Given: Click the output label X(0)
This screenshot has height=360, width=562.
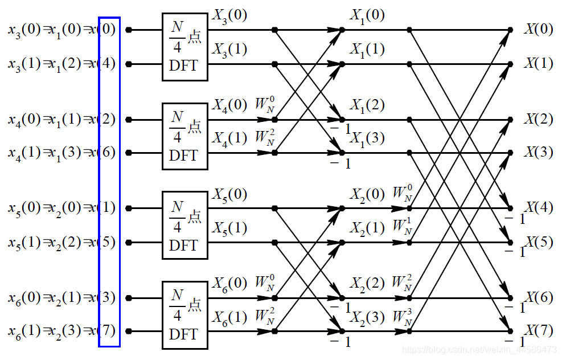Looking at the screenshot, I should (x=538, y=29).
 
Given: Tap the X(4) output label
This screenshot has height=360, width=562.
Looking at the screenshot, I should (x=538, y=207).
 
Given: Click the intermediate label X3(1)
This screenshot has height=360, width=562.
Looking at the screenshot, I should (x=229, y=50).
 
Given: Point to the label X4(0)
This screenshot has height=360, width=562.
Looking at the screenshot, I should (x=229, y=105).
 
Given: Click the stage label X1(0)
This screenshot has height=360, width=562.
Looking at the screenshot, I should (x=367, y=16).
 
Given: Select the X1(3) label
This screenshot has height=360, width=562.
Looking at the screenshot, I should (x=367, y=138).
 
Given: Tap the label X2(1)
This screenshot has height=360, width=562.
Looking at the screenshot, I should (x=367, y=228).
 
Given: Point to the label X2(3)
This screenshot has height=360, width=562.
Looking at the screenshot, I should (x=367, y=317).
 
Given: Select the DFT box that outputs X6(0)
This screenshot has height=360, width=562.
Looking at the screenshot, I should (x=185, y=315).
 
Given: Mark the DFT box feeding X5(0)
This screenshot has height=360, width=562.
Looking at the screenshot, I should (x=185, y=226).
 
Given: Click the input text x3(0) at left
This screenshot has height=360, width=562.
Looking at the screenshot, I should (x=24, y=30).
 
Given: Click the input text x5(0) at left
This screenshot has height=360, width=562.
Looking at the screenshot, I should (x=24, y=208).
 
